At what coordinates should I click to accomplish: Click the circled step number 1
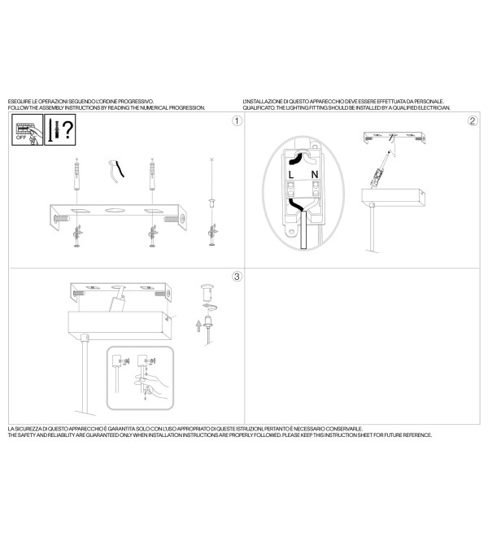click(x=237, y=121)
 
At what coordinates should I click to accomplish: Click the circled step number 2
click(x=473, y=121)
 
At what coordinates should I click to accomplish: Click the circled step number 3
click(x=237, y=277)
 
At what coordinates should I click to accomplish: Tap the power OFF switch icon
click(x=28, y=130)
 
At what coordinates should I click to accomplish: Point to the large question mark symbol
click(x=68, y=129)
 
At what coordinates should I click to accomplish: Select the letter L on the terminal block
click(x=291, y=175)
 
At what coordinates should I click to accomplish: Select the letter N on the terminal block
click(x=315, y=175)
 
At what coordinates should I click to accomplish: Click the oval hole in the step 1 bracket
click(x=115, y=210)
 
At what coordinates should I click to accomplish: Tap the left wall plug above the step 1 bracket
click(x=76, y=177)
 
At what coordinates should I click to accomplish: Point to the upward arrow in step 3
click(x=198, y=326)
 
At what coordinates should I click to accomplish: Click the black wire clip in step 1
click(x=116, y=171)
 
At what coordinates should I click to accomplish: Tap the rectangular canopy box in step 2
click(x=394, y=198)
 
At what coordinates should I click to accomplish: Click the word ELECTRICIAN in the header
click(x=434, y=108)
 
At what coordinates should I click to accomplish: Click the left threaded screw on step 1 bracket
click(x=62, y=218)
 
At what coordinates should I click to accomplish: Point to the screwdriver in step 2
click(x=380, y=169)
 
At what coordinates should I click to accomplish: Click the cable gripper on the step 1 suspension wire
click(x=212, y=203)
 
